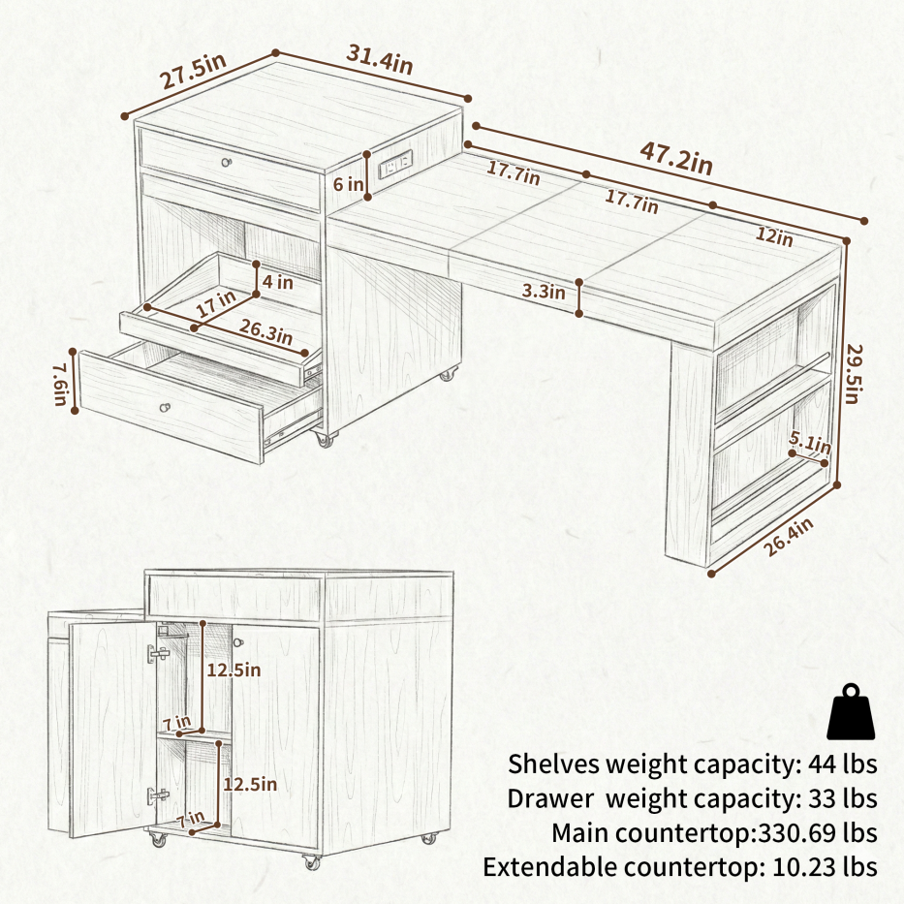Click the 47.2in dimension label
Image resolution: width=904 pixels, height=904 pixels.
[676, 158]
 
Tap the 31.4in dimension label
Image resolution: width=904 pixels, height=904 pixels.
[380, 59]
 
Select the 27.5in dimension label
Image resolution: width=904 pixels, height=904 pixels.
[193, 71]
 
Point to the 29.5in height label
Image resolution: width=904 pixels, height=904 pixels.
[854, 374]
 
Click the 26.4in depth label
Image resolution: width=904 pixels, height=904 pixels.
[789, 537]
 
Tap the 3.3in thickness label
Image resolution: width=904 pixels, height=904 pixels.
[544, 291]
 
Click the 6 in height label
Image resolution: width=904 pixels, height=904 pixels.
[348, 184]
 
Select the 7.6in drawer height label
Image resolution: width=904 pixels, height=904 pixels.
[60, 384]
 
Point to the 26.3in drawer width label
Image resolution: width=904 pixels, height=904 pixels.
[265, 331]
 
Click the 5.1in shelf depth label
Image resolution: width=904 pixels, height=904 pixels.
[810, 443]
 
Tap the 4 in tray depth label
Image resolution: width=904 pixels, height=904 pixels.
[278, 283]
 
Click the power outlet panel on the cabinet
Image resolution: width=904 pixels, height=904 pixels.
[395, 164]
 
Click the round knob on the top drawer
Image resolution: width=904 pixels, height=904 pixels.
[227, 163]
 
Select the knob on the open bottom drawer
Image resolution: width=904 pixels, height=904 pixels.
[166, 408]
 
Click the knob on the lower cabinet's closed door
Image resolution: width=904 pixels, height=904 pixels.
[238, 642]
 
